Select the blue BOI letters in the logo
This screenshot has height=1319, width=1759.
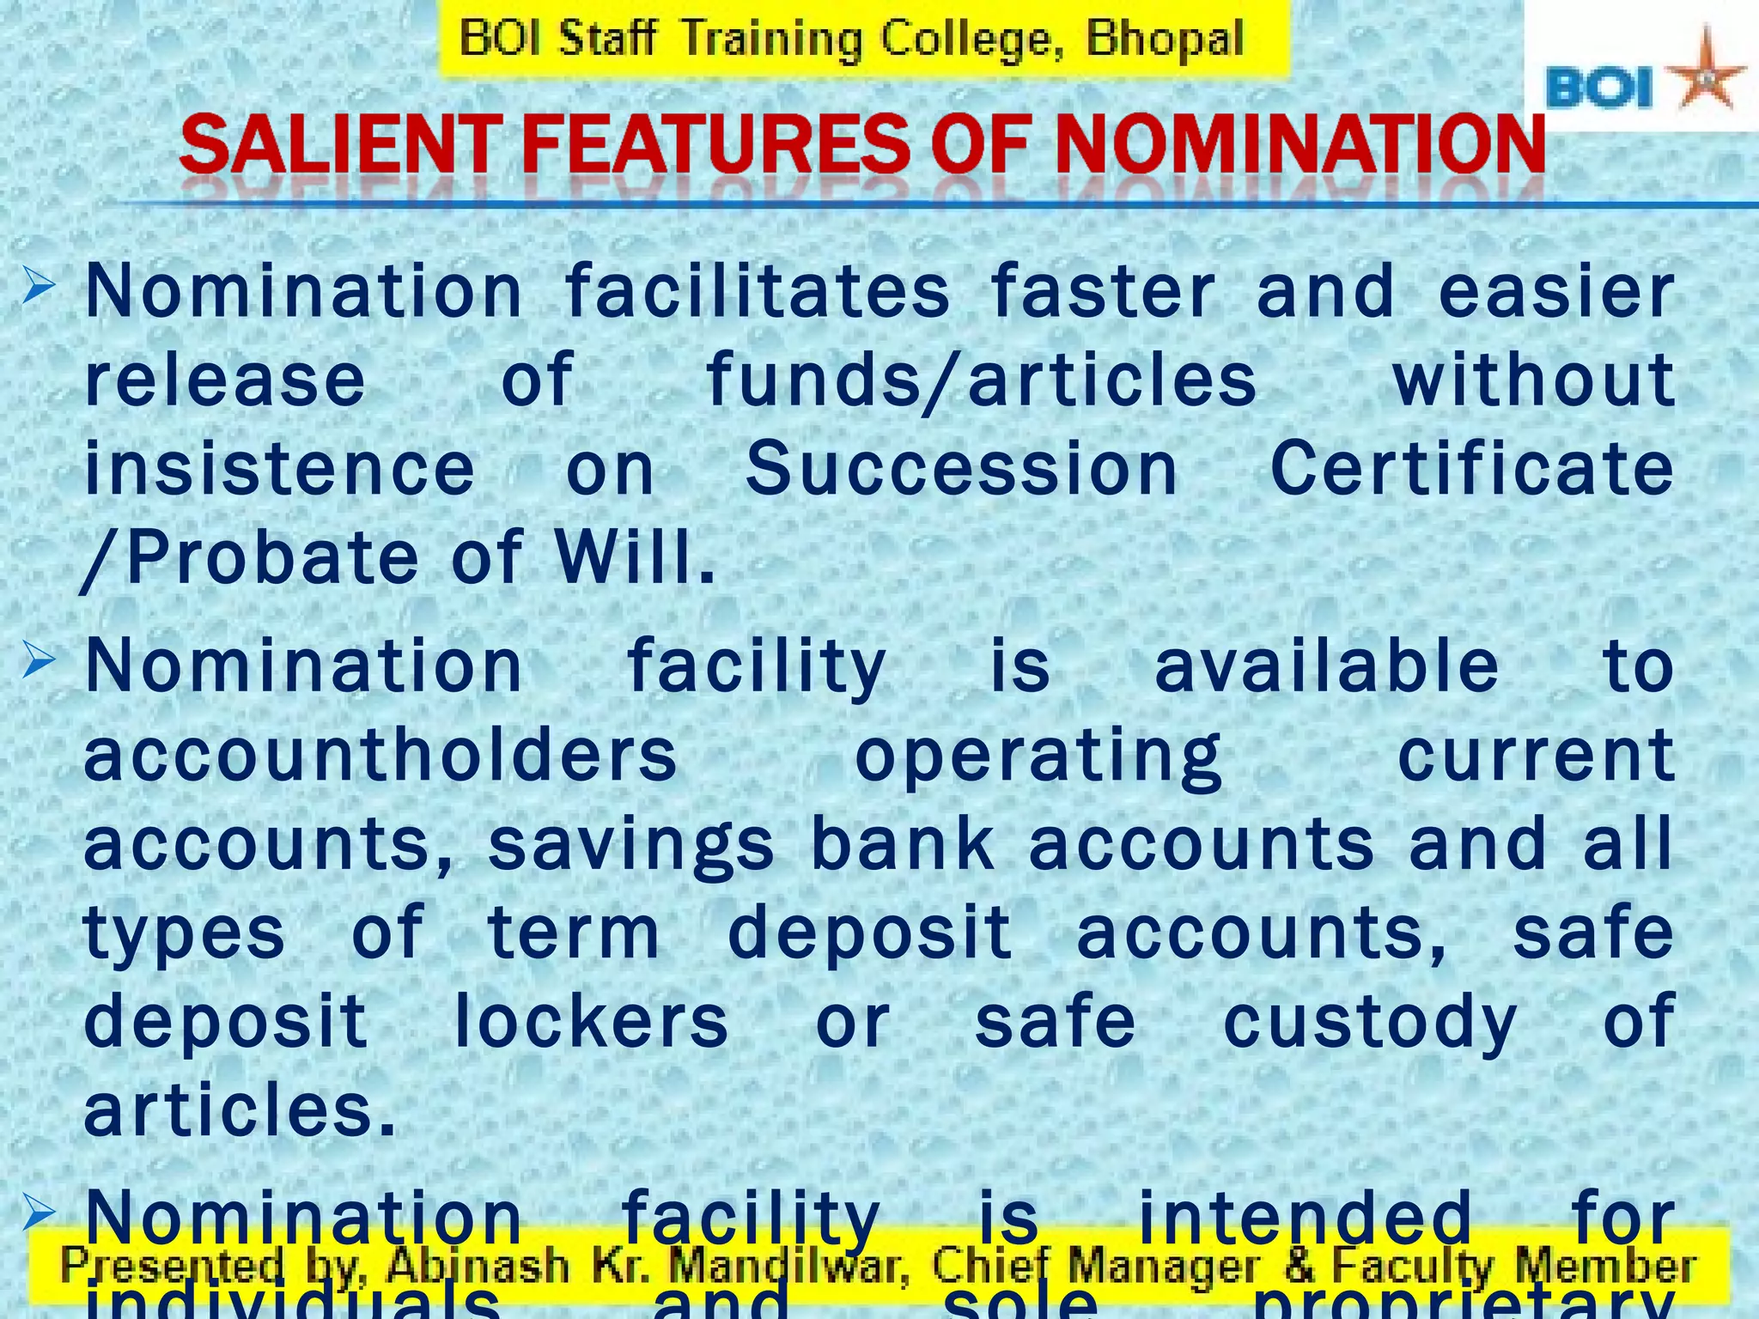1599,89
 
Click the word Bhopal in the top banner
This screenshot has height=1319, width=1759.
1165,40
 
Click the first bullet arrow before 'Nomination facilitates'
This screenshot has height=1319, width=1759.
40,286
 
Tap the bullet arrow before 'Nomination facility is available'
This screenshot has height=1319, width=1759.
40,663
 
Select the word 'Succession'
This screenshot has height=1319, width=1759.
962,469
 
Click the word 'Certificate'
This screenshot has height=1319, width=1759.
1472,469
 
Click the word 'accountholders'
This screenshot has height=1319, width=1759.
380,755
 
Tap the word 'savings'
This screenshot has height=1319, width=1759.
631,846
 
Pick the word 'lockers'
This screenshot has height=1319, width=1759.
592,1022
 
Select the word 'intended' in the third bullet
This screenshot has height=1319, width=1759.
1306,1219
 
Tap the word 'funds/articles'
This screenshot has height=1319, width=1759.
982,380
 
